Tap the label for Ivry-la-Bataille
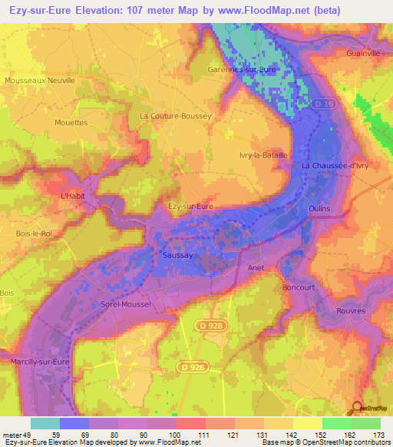click(x=263, y=154)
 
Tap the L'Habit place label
click(x=74, y=196)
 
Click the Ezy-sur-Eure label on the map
click(x=190, y=207)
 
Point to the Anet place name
click(x=256, y=267)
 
